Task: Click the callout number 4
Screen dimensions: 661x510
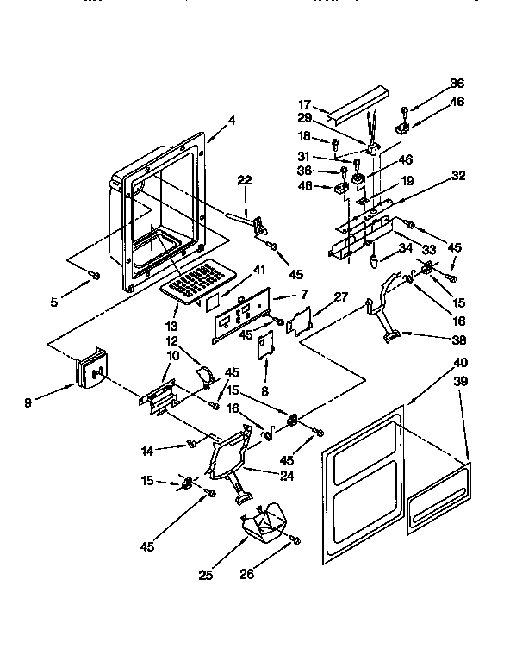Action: click(232, 122)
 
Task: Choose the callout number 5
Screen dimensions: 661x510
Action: click(53, 302)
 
